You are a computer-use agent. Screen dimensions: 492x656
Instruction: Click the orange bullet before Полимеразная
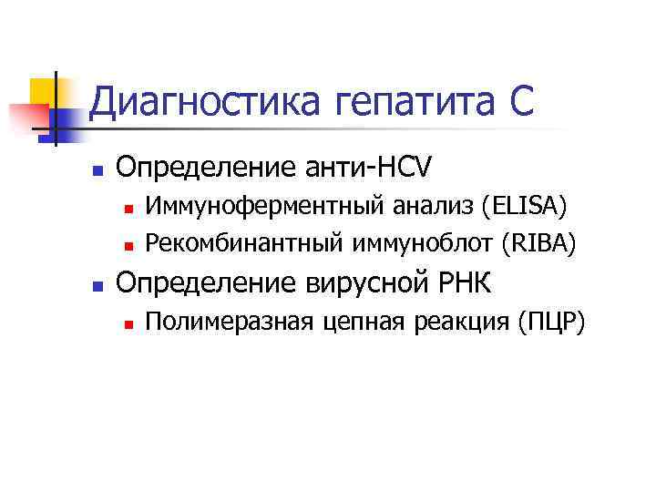[129, 323]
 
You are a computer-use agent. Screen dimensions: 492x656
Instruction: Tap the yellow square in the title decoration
[43, 92]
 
